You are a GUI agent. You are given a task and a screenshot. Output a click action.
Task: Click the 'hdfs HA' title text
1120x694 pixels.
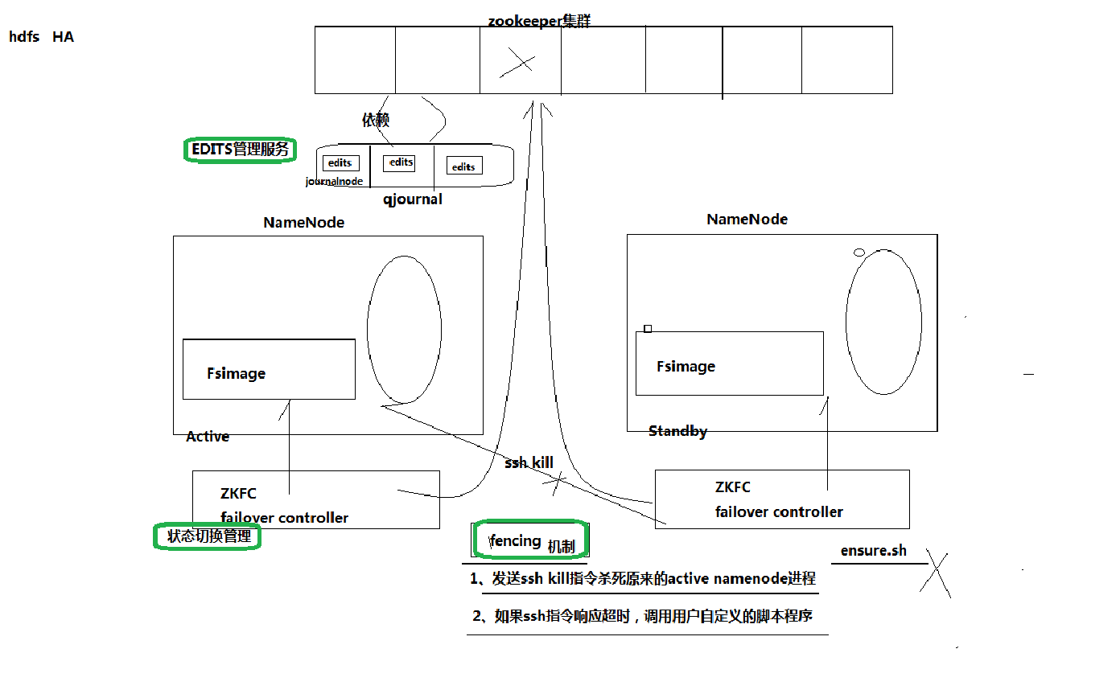coord(41,37)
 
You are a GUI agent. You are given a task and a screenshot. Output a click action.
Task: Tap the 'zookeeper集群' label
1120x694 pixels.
coord(539,21)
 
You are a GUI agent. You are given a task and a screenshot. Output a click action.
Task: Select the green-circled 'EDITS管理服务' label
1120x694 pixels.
coord(240,150)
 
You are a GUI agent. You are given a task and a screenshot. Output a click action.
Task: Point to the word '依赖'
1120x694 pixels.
coord(376,120)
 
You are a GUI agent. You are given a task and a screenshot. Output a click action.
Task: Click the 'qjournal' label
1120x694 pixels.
coord(413,199)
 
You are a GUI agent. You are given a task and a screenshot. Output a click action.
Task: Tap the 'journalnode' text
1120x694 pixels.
coord(334,182)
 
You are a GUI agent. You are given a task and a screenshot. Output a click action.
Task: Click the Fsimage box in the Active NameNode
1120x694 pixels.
coord(269,369)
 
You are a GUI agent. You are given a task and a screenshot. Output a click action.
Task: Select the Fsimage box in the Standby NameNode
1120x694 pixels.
coord(729,363)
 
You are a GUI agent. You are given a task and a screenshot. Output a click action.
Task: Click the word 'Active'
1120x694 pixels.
coord(208,437)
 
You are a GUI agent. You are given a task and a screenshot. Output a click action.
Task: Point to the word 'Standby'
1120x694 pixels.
coord(677,432)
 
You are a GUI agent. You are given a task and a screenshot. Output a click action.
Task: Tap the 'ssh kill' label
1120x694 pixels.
coord(529,463)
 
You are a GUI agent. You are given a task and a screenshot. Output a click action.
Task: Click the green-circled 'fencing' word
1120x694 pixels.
coord(516,540)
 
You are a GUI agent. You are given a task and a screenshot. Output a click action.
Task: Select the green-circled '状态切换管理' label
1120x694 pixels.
coord(208,536)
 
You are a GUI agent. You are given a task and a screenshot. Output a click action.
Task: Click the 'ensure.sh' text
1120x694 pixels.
coord(873,551)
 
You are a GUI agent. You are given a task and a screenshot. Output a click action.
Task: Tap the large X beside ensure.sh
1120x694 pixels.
coord(936,573)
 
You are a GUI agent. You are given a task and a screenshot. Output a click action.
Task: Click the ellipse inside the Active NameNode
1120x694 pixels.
coord(404,329)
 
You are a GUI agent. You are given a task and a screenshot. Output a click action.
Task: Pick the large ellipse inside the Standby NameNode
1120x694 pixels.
coord(883,322)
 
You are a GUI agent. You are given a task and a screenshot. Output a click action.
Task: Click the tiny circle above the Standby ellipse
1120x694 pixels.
coord(859,253)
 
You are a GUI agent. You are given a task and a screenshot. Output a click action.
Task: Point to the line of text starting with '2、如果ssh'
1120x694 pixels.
coord(643,617)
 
